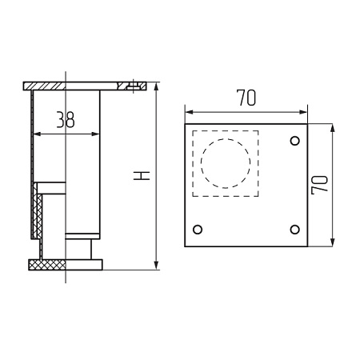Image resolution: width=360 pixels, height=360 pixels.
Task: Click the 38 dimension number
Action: [x=66, y=119]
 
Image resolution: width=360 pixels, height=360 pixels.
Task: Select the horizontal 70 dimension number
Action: [x=246, y=98]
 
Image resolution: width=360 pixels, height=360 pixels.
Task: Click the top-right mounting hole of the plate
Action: [x=295, y=141]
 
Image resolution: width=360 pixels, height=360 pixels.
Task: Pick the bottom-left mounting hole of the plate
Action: [x=198, y=230]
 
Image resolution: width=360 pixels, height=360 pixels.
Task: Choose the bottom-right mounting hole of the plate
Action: [x=295, y=230]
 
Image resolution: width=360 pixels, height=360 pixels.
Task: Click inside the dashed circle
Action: [x=226, y=163]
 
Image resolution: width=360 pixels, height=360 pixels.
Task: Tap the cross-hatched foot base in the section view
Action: [x=47, y=265]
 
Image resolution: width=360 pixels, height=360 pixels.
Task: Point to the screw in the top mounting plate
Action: [x=133, y=86]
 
